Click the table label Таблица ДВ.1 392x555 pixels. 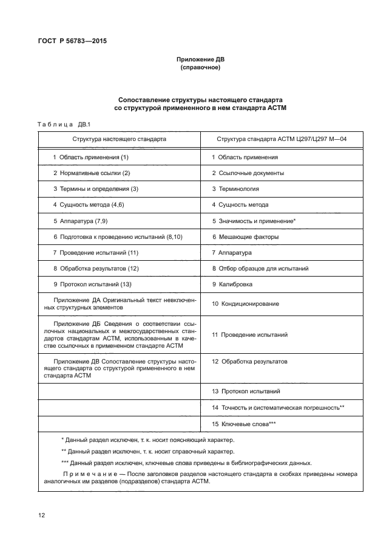64,125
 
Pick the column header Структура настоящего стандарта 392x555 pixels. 119,139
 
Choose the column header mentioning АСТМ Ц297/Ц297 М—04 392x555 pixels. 282,139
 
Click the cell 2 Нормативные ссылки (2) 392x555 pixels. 92,173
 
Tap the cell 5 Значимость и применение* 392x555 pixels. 254,221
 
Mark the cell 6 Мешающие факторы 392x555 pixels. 245,236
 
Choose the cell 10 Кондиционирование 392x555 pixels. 245,303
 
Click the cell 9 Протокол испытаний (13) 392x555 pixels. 92,284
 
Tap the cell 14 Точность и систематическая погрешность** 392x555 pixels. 278,407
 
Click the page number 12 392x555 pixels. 42,515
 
